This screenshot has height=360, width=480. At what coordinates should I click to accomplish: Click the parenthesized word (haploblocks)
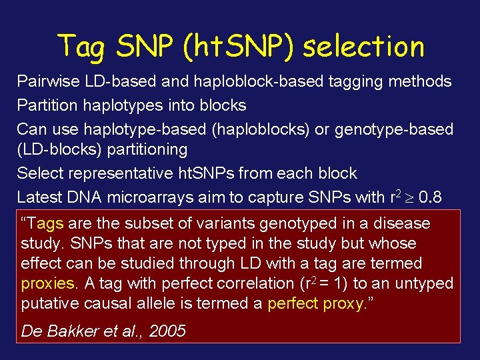pos(260,129)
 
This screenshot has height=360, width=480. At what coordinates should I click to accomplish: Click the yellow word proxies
pos(48,283)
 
